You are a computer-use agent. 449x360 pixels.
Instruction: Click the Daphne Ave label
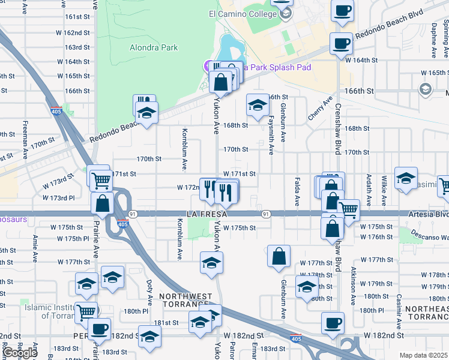433,41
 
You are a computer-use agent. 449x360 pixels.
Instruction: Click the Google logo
20,353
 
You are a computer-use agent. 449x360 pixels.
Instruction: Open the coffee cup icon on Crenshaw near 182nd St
333,323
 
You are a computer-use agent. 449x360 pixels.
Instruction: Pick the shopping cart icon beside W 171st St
100,178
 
